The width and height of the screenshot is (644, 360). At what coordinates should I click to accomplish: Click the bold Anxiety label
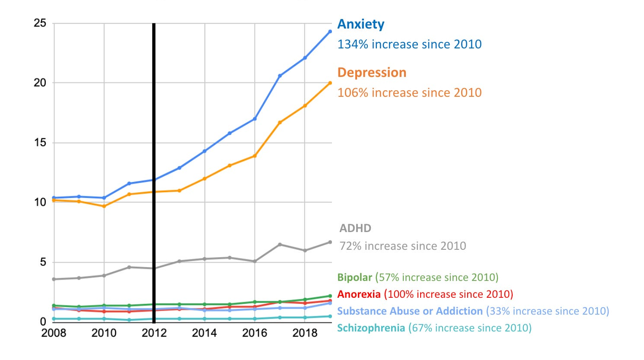360,24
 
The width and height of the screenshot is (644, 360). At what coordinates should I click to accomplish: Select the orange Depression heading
372,72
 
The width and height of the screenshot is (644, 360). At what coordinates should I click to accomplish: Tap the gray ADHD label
355,228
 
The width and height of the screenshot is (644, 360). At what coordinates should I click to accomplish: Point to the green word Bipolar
354,277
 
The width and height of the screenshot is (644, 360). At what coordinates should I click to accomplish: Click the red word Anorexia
359,294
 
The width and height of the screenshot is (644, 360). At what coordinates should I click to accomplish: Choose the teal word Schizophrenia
371,328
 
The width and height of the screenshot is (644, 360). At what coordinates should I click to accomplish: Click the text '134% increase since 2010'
409,44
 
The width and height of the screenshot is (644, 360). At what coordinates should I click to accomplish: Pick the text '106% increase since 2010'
409,92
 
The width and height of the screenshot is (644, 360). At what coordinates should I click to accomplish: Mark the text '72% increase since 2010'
403,246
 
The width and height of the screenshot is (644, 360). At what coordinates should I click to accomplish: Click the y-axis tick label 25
40,23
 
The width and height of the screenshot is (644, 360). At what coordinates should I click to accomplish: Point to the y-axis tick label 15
40,143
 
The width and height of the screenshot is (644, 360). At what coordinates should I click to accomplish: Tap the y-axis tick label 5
43,262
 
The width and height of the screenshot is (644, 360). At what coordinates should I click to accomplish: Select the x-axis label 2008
54,333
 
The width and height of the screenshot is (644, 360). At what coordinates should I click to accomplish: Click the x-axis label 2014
204,333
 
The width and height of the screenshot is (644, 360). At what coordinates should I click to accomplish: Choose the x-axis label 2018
305,333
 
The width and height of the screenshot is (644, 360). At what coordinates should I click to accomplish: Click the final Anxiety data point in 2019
330,32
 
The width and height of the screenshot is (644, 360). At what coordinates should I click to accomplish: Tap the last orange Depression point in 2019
330,83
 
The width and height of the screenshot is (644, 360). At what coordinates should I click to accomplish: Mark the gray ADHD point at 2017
280,245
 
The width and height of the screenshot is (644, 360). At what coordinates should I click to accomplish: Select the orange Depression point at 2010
104,206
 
